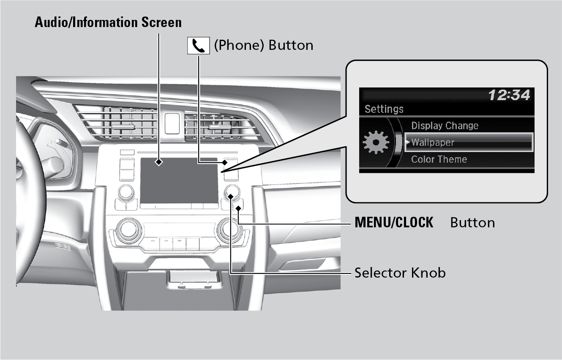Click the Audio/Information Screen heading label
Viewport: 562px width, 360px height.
pyautogui.click(x=108, y=22)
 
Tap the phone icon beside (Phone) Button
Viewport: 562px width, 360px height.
pyautogui.click(x=198, y=46)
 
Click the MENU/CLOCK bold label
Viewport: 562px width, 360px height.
pyautogui.click(x=394, y=222)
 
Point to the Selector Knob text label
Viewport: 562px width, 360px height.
pyautogui.click(x=400, y=273)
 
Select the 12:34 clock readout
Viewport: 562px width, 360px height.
pyautogui.click(x=509, y=95)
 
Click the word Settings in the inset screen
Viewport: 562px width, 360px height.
pyautogui.click(x=384, y=109)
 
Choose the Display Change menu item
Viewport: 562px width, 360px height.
pyautogui.click(x=445, y=125)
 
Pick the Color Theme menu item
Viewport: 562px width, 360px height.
pyautogui.click(x=439, y=159)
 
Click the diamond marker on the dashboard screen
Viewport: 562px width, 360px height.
pyautogui.click(x=158, y=161)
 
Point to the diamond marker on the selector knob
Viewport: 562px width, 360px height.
pyautogui.click(x=231, y=195)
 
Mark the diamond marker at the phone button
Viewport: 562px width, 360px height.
pyautogui.click(x=225, y=161)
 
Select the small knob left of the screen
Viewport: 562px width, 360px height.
pyautogui.click(x=125, y=192)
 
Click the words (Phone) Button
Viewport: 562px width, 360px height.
pyautogui.click(x=263, y=45)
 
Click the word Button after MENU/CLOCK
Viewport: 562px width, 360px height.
pyautogui.click(x=472, y=222)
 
